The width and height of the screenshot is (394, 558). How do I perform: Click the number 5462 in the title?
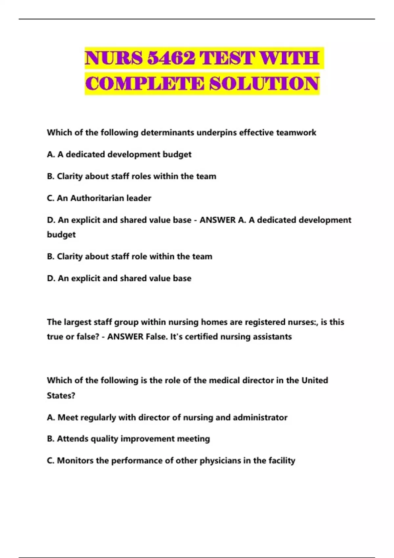click(171, 58)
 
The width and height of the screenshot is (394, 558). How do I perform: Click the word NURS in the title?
click(114, 58)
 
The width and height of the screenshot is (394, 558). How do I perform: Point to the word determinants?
click(167, 133)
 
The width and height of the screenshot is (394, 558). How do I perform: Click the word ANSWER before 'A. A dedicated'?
click(218, 220)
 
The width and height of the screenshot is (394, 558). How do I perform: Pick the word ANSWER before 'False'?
click(125, 337)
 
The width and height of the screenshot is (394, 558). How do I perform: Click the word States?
click(61, 396)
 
